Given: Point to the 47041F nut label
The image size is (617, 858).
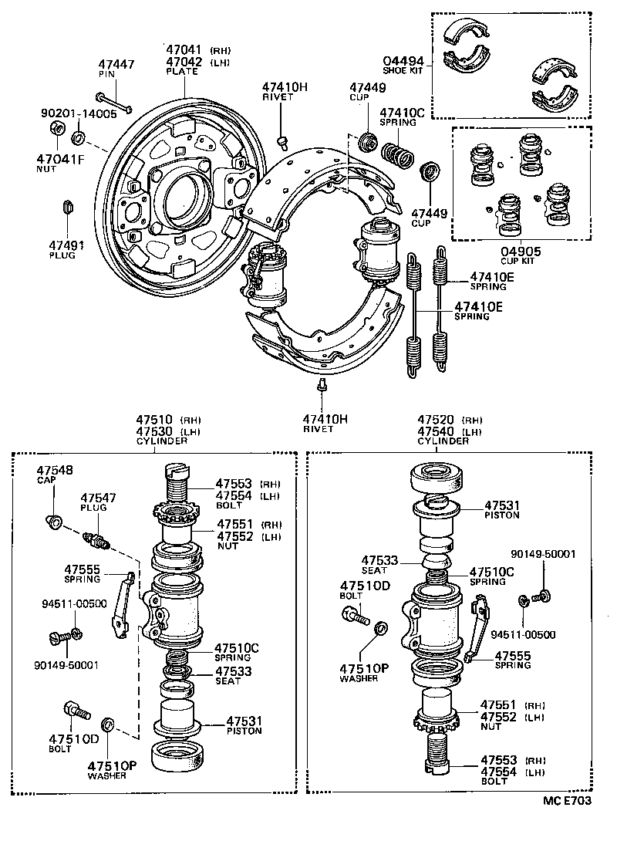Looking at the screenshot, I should (x=60, y=160).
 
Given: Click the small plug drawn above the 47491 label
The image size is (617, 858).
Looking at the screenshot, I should (x=66, y=208).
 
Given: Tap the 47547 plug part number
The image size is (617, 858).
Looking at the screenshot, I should (x=98, y=498).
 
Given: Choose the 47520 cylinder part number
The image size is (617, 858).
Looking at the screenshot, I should (x=435, y=419).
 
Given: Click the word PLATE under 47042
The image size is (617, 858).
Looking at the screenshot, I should (x=182, y=72).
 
